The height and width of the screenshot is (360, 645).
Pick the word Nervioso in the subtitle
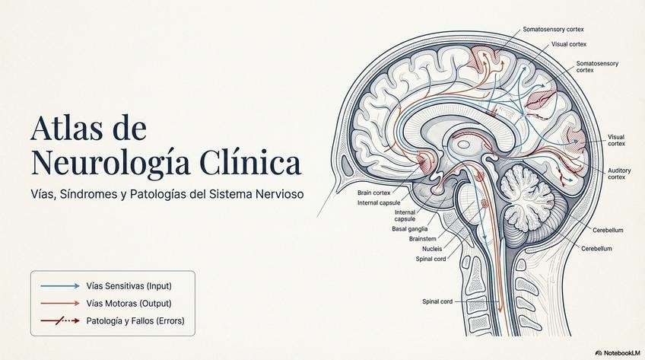[278, 194]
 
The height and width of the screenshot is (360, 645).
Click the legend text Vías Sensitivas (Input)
[129, 286]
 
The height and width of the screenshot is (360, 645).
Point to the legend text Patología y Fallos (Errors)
[135, 320]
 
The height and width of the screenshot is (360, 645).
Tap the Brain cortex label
[373, 193]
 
